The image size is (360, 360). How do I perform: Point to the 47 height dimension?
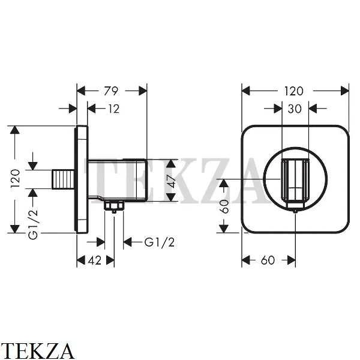[x=171, y=181]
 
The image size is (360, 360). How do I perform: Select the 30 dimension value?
[x=294, y=109]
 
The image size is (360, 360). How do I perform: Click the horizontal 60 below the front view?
[x=268, y=260]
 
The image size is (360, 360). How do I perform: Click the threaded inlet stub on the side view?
[x=64, y=179]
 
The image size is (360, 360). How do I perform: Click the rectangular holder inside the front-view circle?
[x=294, y=180]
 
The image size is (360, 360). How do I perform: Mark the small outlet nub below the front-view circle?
[x=295, y=209]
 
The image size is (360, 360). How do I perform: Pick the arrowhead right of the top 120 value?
[x=345, y=91]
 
